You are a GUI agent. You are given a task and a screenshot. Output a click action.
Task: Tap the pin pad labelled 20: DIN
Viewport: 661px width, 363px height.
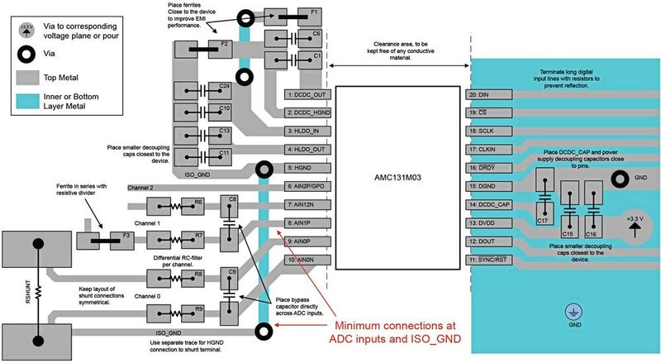(488, 95)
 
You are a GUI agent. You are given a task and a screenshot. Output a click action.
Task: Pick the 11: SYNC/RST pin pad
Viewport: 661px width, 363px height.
(488, 260)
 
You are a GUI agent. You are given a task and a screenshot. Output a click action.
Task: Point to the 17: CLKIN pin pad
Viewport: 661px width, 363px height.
(488, 150)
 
